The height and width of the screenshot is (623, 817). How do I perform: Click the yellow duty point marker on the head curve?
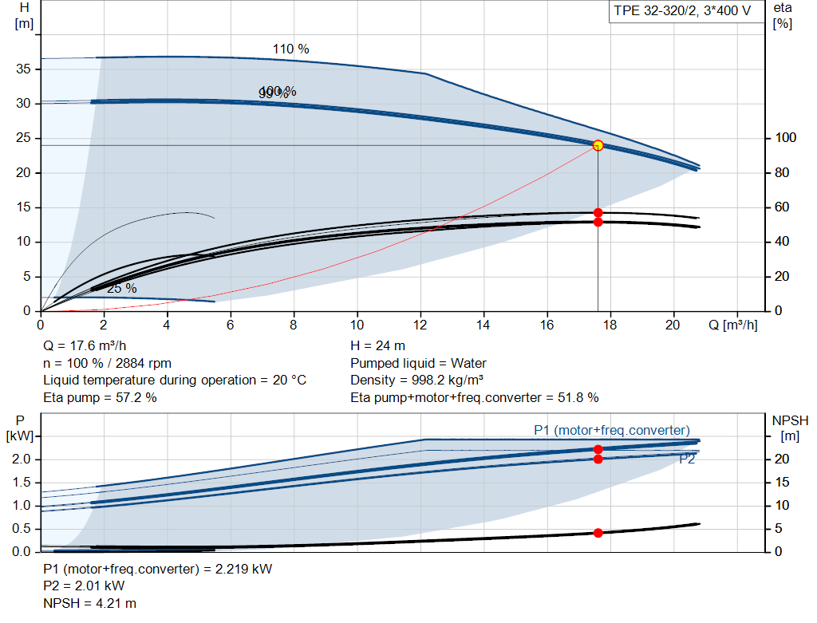(598, 145)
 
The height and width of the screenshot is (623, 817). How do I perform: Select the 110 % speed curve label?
(290, 49)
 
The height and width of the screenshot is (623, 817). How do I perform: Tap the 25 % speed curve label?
(121, 288)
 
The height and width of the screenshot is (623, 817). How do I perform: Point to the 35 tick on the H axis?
(24, 69)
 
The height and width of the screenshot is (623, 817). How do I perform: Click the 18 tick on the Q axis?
(610, 325)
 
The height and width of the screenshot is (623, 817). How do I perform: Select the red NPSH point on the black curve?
(598, 533)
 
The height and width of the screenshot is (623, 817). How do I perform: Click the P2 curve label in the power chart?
(687, 459)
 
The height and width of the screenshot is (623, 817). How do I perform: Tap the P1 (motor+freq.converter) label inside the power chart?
(611, 431)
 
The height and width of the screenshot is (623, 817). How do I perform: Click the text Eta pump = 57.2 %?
(100, 396)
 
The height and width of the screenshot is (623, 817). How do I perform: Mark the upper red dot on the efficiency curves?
(598, 212)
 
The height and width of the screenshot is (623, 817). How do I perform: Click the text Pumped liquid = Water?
(418, 363)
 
